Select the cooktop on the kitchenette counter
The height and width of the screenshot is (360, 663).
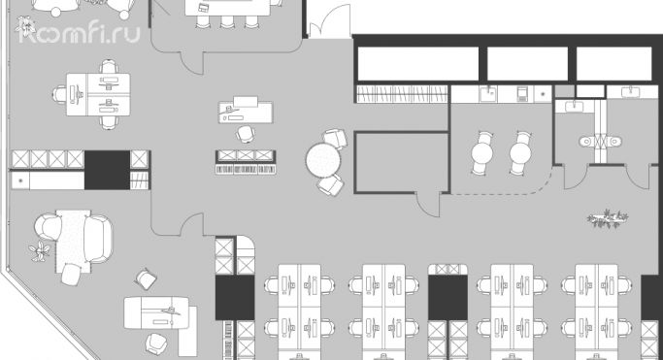point(522,93)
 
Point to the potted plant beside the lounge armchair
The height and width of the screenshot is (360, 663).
point(40,252)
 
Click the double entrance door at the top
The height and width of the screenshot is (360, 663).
point(328,21)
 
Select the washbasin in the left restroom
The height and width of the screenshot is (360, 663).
point(573,106)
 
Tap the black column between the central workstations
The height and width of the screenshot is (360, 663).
point(447,296)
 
